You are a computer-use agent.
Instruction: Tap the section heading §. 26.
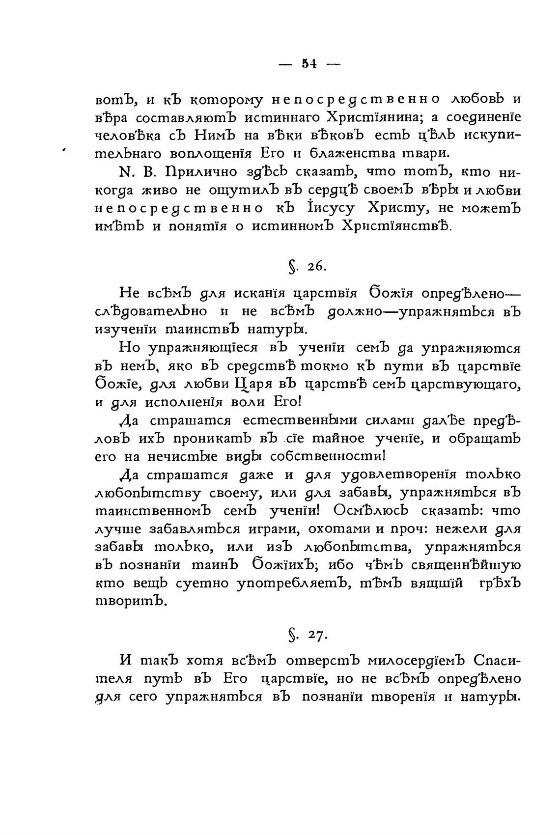(304, 266)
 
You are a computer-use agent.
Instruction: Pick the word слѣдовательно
(151, 311)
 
